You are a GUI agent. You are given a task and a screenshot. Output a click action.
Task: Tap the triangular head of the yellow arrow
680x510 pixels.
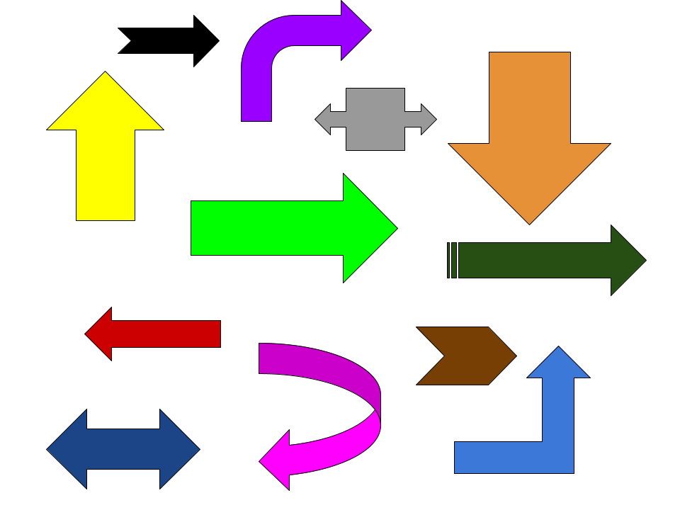pos(106,106)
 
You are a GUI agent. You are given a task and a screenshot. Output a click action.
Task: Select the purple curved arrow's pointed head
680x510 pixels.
pos(353,30)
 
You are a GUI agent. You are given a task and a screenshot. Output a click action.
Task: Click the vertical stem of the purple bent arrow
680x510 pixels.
pos(256,92)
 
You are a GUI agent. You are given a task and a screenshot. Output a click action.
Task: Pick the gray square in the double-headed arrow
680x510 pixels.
pos(375,119)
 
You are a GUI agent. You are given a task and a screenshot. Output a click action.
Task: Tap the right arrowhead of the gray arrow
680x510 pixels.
pos(427,119)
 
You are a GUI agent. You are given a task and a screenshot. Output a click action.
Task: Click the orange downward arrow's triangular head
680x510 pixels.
pos(529,177)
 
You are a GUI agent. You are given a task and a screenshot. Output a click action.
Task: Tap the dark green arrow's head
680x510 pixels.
pos(626,261)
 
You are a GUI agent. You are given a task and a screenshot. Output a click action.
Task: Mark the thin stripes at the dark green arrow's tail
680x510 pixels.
pos(453,261)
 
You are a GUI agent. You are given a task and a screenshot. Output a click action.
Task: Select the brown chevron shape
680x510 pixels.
pos(467,356)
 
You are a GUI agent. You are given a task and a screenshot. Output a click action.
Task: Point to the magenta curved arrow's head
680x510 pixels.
pos(277,460)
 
